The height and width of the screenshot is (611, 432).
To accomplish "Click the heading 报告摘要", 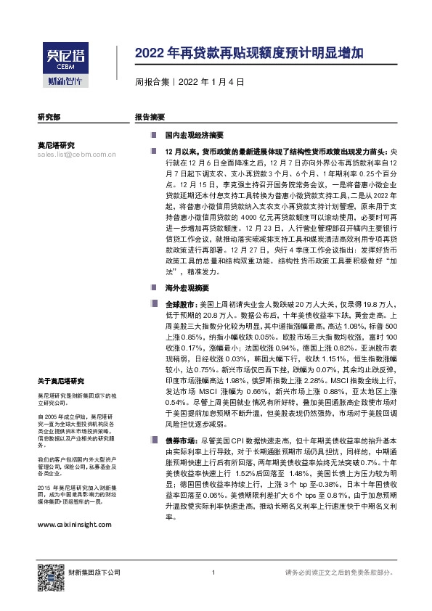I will click(150, 117).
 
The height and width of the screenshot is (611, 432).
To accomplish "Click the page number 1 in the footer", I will click(212, 573).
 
